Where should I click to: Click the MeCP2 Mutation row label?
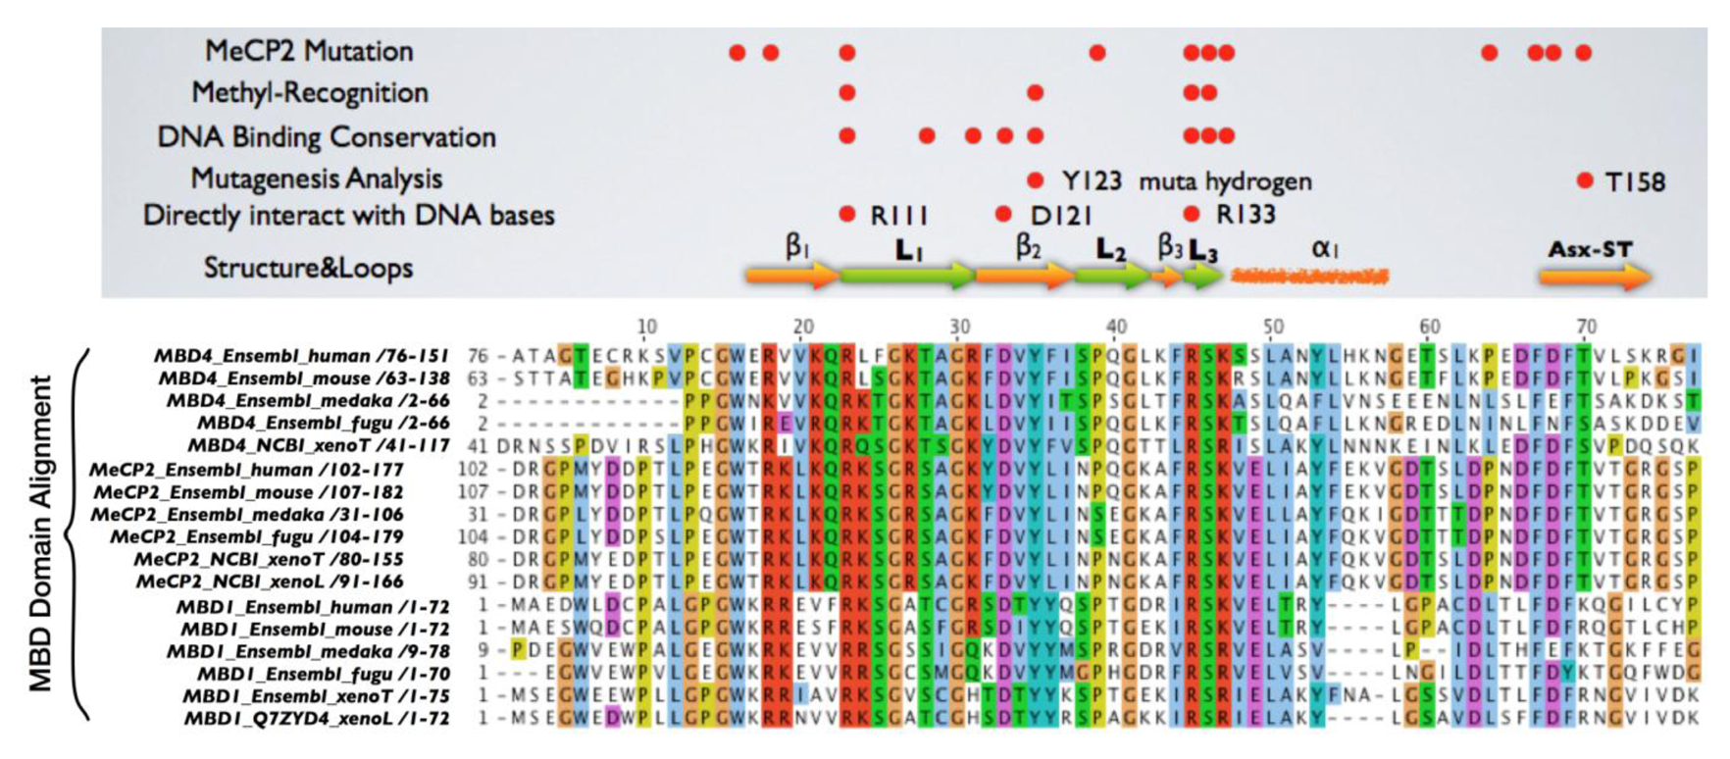pyautogui.click(x=308, y=51)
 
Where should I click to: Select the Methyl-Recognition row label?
pyautogui.click(x=310, y=93)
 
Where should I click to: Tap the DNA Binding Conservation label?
pyautogui.click(x=327, y=136)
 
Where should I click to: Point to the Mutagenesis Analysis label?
pyautogui.click(x=316, y=178)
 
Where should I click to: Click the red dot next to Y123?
pyautogui.click(x=1035, y=180)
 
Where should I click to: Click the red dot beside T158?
pyautogui.click(x=1585, y=180)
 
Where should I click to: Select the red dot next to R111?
pyautogui.click(x=847, y=215)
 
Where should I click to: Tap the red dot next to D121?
pyautogui.click(x=1002, y=215)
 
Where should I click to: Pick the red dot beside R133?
pyautogui.click(x=1192, y=215)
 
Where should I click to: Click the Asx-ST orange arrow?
pyautogui.click(x=1595, y=278)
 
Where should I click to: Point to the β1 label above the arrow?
pyautogui.click(x=797, y=246)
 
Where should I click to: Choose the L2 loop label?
pyautogui.click(x=1110, y=250)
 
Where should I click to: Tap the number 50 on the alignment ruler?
pyautogui.click(x=1273, y=328)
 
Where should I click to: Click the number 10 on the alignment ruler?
pyautogui.click(x=646, y=328)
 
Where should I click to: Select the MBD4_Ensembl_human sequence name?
pyautogui.click(x=302, y=356)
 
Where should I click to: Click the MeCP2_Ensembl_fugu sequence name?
pyautogui.click(x=256, y=537)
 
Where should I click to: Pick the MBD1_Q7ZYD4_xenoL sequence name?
pyautogui.click(x=317, y=719)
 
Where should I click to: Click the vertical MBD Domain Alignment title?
pyautogui.click(x=40, y=534)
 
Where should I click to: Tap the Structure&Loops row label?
pyautogui.click(x=308, y=268)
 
